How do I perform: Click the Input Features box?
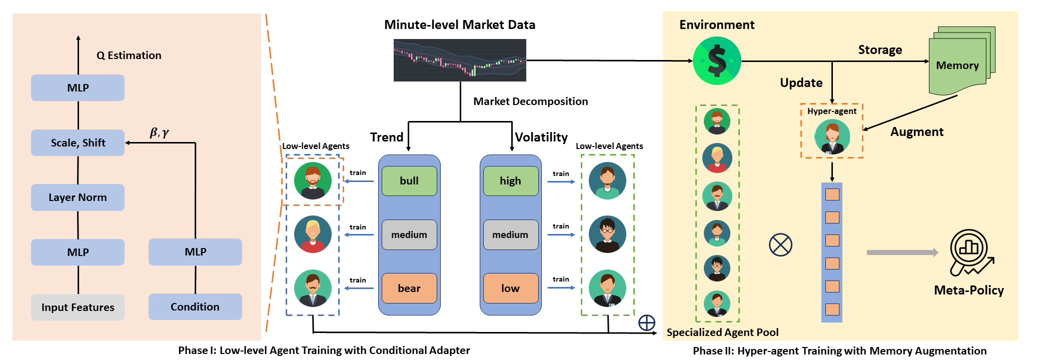tap(78, 307)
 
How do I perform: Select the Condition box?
tap(195, 306)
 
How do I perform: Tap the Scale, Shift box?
tap(78, 143)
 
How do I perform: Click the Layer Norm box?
tap(78, 197)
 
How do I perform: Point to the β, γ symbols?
tap(159, 132)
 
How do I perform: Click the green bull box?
tap(409, 181)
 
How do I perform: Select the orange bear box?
tap(409, 288)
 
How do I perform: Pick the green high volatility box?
tap(510, 181)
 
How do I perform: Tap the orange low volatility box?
tap(510, 288)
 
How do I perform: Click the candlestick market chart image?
tap(460, 60)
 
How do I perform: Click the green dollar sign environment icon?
tap(717, 61)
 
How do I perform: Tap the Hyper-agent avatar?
tap(832, 137)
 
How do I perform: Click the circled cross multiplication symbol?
tap(780, 245)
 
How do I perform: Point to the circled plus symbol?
tap(647, 322)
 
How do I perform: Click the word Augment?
tap(916, 132)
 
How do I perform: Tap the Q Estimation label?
tap(129, 55)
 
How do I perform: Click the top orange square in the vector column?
tap(832, 194)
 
